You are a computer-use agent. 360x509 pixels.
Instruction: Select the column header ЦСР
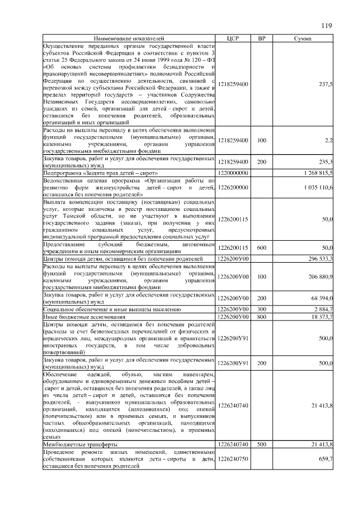pos(233,38)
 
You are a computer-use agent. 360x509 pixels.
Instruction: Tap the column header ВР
pos(262,38)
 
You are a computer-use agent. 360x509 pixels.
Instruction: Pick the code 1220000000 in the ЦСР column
pos(233,173)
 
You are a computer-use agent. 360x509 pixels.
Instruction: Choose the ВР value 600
pos(262,247)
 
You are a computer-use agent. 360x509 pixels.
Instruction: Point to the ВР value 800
pos(262,317)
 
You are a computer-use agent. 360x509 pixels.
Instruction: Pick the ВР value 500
pos(262,444)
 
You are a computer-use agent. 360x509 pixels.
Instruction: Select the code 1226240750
pos(233,459)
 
